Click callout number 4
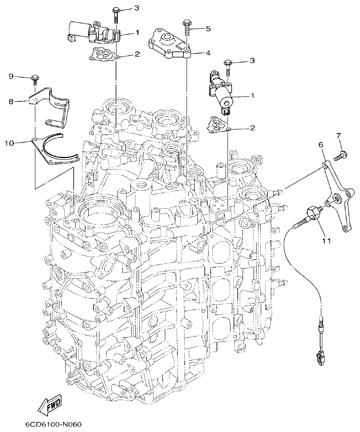208,53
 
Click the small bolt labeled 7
341,156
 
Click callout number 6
320,144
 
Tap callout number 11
326,241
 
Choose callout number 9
11,76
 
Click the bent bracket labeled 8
53,105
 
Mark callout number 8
11,101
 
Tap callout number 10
9,143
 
